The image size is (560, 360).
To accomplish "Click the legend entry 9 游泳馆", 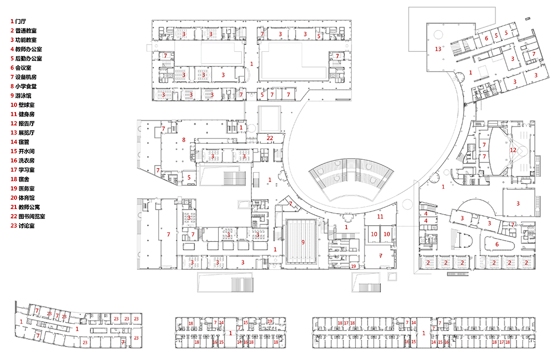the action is coord(21,96).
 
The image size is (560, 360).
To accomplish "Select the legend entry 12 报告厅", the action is coord(22,123).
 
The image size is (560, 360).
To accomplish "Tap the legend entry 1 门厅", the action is coord(18,21).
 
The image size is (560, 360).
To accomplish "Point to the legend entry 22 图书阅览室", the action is coord(28,216).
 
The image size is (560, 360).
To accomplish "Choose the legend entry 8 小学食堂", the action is coord(23,87).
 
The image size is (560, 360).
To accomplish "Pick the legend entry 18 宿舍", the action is coord(20,179).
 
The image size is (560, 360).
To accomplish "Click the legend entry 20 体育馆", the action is coord(22,198).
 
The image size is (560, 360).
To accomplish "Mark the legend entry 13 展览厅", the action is coord(22,133).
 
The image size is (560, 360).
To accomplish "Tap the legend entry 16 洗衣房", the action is coord(22,161).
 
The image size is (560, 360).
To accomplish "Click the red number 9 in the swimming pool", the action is coord(303,242).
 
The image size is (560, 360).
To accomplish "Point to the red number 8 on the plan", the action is coord(184,140).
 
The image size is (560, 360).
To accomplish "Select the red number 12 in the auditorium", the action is coord(513,150).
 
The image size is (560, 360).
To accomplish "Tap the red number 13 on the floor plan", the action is coord(438,49).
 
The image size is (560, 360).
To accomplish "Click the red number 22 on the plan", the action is coord(270,138).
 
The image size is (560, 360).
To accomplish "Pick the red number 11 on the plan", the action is coord(380,216).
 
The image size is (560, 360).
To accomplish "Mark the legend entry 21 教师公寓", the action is coord(25,207).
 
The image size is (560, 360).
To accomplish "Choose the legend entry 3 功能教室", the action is coord(23,40).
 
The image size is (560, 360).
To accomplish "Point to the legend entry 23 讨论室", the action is coord(22,226).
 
